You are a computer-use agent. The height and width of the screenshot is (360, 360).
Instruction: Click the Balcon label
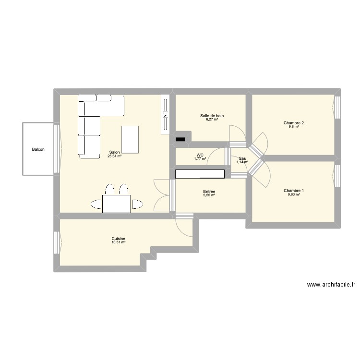pos(38,149)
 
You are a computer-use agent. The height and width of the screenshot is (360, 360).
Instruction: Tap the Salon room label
pos(114,152)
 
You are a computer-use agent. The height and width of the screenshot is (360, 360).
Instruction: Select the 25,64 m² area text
pos(114,156)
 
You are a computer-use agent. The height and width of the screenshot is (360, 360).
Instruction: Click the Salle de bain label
pos(212,116)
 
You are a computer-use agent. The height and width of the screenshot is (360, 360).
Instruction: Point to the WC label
pos(200,155)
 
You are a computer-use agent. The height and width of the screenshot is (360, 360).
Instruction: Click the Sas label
pos(242,158)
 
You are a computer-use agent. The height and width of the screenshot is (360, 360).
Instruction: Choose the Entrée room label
pos(209,192)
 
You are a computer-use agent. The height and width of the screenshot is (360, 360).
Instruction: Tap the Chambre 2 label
pos(293,123)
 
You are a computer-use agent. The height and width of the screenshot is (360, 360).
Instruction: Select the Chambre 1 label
pos(293,191)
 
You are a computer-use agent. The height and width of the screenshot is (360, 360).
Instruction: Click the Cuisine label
pos(119,239)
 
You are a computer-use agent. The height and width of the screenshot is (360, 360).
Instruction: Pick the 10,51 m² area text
pos(119,243)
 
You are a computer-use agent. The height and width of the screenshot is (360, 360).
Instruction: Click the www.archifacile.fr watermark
pos(331,285)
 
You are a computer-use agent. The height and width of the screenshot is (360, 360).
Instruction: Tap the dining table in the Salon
pos(117,204)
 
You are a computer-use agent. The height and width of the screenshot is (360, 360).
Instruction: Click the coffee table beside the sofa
pos(130,139)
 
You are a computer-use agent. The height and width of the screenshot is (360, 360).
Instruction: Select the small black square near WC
pos(180,140)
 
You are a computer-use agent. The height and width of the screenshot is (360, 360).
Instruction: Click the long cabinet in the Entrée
pos(200,173)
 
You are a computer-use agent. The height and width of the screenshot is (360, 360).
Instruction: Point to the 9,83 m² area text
pos(293,195)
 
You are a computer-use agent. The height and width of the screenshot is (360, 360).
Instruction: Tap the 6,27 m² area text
pos(212,120)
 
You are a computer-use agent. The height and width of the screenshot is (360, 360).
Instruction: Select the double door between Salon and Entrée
pos(163,194)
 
